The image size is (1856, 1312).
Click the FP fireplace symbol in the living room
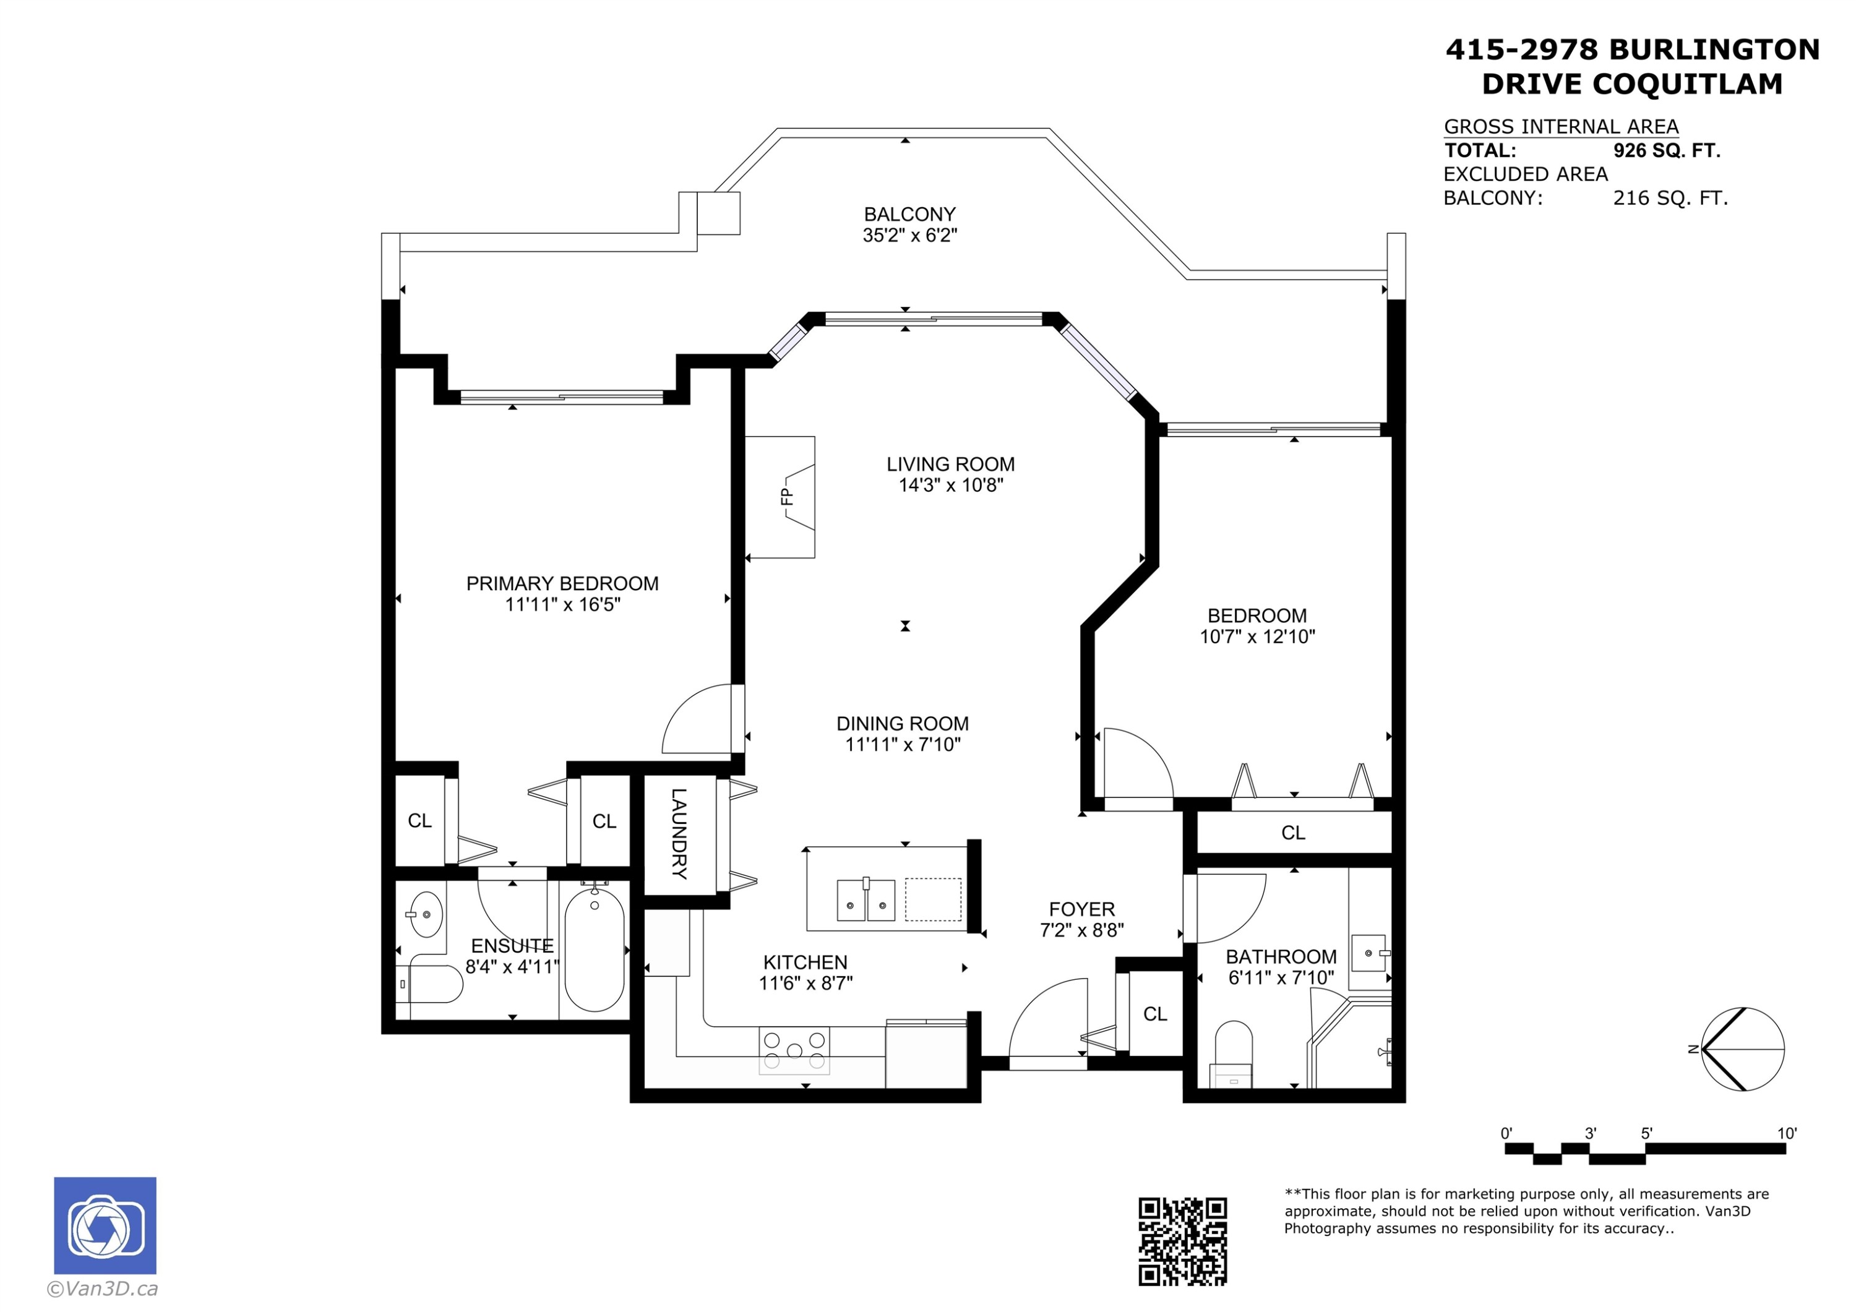coord(788,496)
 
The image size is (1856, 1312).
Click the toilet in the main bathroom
coord(1233,1053)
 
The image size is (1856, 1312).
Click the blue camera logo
coord(105,1225)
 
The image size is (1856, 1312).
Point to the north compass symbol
coord(1742,1049)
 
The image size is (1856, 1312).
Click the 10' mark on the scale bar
coord(1785,1133)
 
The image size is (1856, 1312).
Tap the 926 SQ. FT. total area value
coord(1666,150)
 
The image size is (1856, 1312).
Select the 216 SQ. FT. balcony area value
coord(1670,198)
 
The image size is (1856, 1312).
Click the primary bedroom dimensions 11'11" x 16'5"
coord(562,605)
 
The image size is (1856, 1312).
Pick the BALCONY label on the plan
coord(909,214)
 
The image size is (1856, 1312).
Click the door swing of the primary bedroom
coord(697,719)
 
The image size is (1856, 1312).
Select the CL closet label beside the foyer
coord(1154,1014)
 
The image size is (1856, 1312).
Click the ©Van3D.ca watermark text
coord(103,1288)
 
